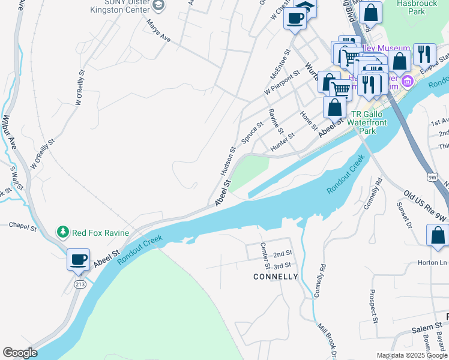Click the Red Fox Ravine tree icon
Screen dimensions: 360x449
tap(62, 232)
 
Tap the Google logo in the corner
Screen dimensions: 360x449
tap(20, 353)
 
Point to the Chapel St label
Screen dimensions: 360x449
tap(23, 226)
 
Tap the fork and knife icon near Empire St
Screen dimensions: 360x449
tap(424, 54)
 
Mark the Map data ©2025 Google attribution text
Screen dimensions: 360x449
tap(411, 355)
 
